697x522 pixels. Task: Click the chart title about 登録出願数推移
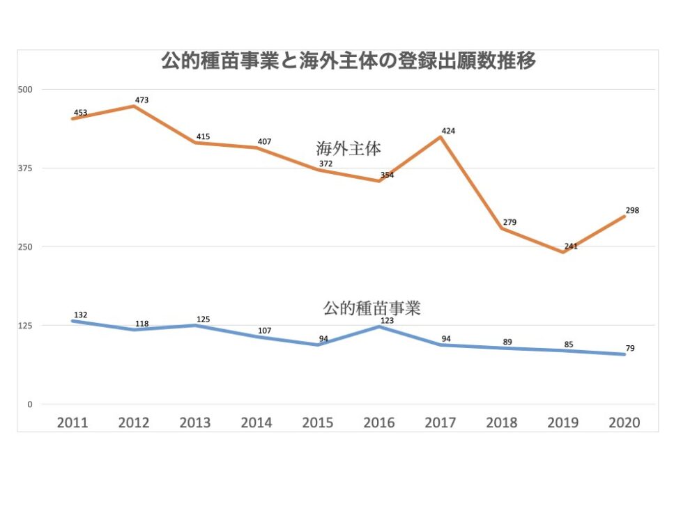pyautogui.click(x=348, y=61)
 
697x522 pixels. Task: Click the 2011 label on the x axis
pyautogui.click(x=72, y=422)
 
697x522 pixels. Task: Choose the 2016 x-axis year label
pyautogui.click(x=378, y=422)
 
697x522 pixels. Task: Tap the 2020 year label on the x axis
pyautogui.click(x=624, y=422)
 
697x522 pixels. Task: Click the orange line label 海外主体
pyautogui.click(x=348, y=148)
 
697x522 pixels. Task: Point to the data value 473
pyautogui.click(x=141, y=100)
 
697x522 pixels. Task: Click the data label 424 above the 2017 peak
pyautogui.click(x=448, y=131)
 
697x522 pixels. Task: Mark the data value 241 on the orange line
pyautogui.click(x=571, y=246)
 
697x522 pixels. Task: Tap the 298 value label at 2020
pyautogui.click(x=632, y=210)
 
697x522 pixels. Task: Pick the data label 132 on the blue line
pyautogui.click(x=80, y=315)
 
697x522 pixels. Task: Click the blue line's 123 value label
pyautogui.click(x=387, y=321)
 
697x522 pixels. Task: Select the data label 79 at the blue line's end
pyautogui.click(x=629, y=348)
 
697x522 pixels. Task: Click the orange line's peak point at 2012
pyautogui.click(x=134, y=106)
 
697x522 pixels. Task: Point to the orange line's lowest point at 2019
pyautogui.click(x=562, y=252)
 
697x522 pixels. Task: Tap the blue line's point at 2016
pyautogui.click(x=378, y=326)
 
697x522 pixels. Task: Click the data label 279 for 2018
pyautogui.click(x=510, y=222)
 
